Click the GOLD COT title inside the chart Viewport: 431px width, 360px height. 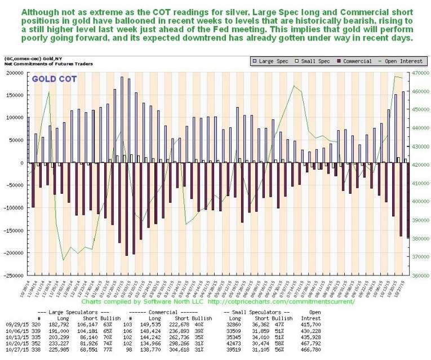[51, 79]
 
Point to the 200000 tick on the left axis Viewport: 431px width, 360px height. [14, 73]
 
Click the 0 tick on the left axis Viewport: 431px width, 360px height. [23, 163]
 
